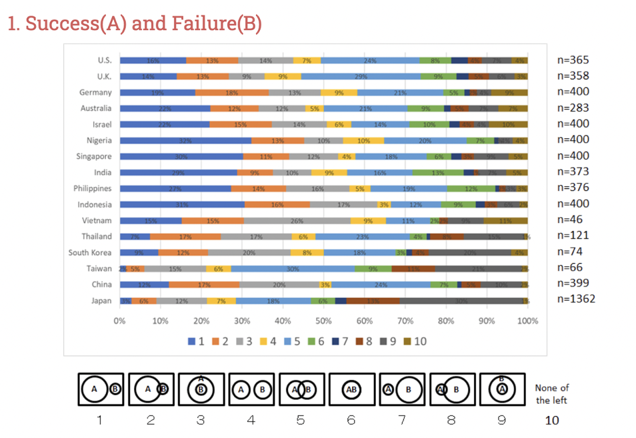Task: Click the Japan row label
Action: [101, 301]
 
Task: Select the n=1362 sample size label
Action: [576, 298]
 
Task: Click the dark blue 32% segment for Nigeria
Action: [185, 140]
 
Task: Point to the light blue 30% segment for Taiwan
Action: [293, 268]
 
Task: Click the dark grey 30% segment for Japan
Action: [461, 301]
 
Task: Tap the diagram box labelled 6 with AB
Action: [351, 389]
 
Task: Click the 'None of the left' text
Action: [552, 394]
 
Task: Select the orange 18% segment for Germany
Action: [231, 92]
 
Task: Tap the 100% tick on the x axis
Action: [527, 320]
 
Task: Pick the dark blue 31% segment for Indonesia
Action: [182, 204]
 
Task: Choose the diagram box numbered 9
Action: [502, 389]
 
